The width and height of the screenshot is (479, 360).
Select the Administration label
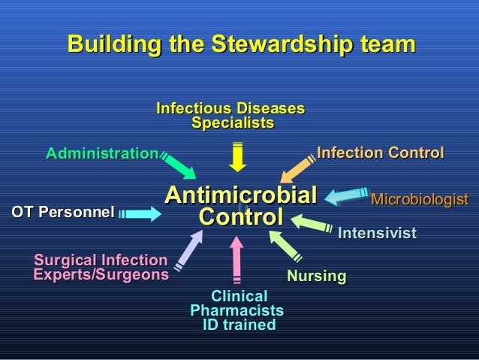click(x=101, y=153)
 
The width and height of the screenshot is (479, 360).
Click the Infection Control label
click(x=380, y=153)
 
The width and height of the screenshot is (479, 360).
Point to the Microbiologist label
click(x=419, y=200)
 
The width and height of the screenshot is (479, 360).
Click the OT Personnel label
click(x=62, y=213)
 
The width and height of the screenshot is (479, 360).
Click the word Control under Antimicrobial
click(x=240, y=218)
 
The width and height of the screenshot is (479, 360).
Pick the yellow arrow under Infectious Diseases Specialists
click(x=237, y=156)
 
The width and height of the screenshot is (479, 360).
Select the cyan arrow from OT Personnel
click(x=141, y=214)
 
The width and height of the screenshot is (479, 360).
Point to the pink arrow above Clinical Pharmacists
click(x=237, y=260)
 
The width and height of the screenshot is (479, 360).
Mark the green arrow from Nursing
click(x=284, y=246)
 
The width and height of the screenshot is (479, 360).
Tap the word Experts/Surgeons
click(x=101, y=275)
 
